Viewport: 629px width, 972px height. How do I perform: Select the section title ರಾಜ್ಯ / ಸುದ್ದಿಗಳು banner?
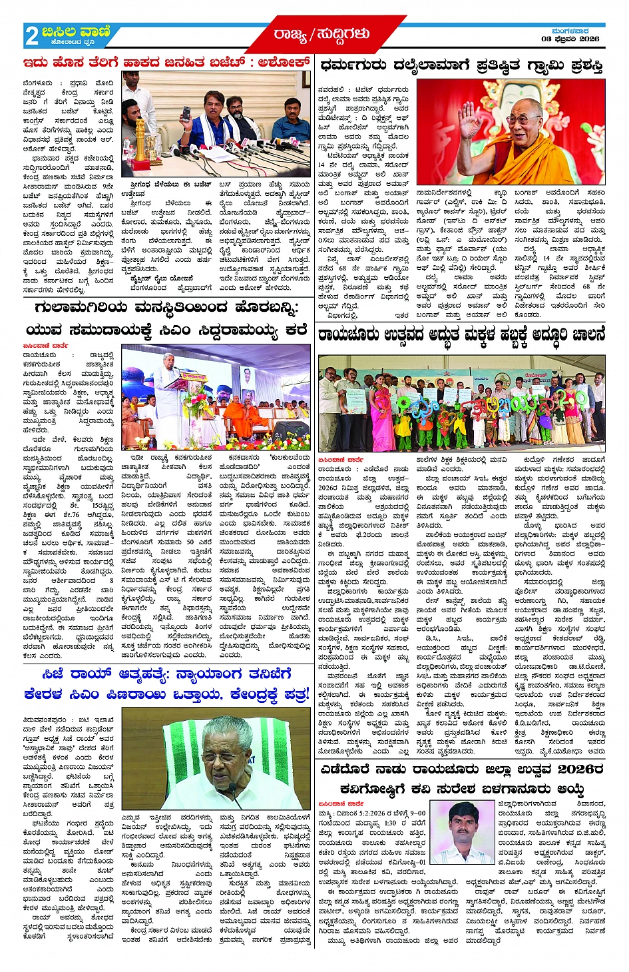321,34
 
